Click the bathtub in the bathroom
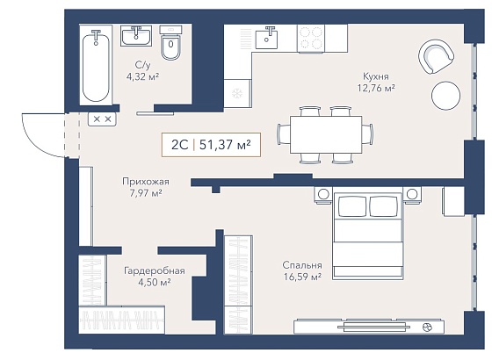point(96,65)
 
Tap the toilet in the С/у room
point(170,43)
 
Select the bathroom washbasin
point(136,36)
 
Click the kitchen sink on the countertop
point(267,38)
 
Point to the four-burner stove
point(311,39)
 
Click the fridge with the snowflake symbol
point(237,93)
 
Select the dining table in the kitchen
point(326,134)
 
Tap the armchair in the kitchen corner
point(436,56)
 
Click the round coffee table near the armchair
point(445,96)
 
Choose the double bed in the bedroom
point(368,236)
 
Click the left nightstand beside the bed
point(323,195)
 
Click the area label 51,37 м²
point(225,145)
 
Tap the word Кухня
point(376,76)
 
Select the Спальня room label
point(302,265)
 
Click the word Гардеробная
point(155,270)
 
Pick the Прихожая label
point(146,182)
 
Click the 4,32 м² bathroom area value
point(142,76)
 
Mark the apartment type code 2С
point(179,145)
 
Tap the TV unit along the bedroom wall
point(369,327)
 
